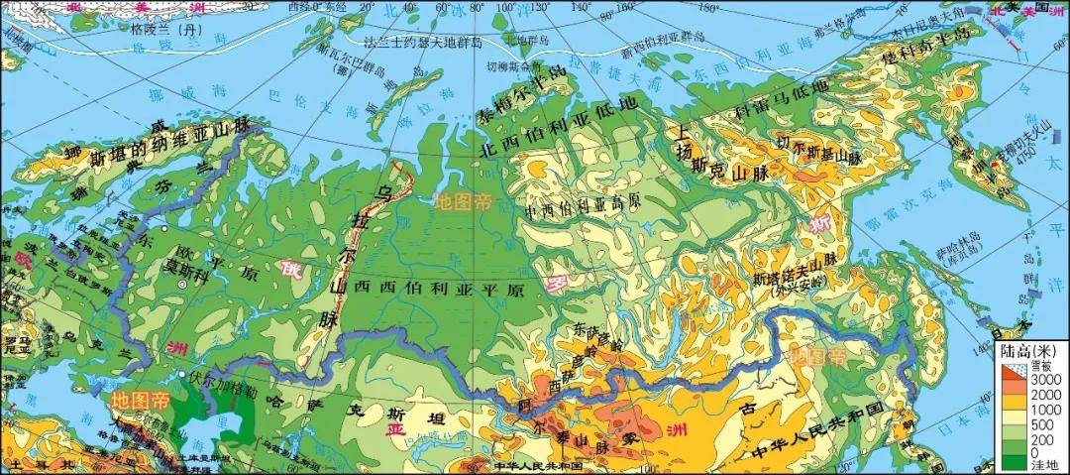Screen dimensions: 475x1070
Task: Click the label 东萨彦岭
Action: pos(598,337)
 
